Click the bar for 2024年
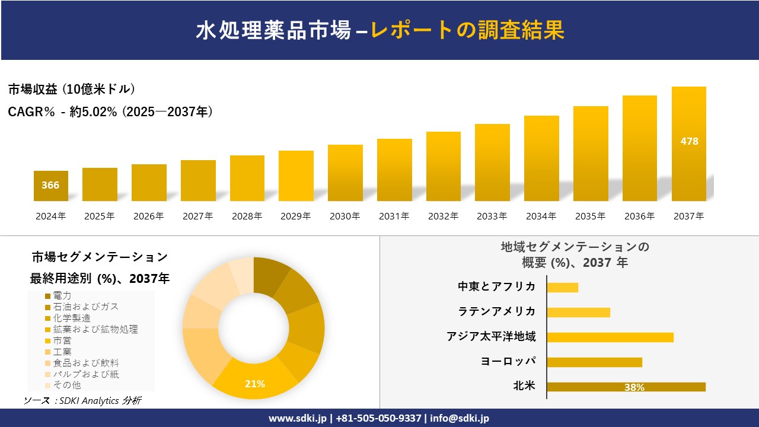click(50, 186)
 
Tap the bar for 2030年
click(345, 173)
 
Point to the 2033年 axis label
click(492, 216)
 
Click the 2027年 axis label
click(197, 216)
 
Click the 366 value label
click(50, 185)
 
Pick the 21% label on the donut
click(255, 384)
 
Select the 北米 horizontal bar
click(626, 387)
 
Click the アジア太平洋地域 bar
click(610, 337)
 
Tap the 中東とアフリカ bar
click(562, 287)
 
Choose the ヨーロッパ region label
click(508, 361)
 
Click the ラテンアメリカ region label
click(496, 311)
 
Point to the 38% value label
click(634, 387)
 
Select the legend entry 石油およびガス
click(85, 307)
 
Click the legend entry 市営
click(62, 340)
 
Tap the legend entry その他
click(67, 385)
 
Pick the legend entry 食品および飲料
click(85, 363)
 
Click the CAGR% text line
click(110, 111)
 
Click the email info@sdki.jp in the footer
click(460, 418)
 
